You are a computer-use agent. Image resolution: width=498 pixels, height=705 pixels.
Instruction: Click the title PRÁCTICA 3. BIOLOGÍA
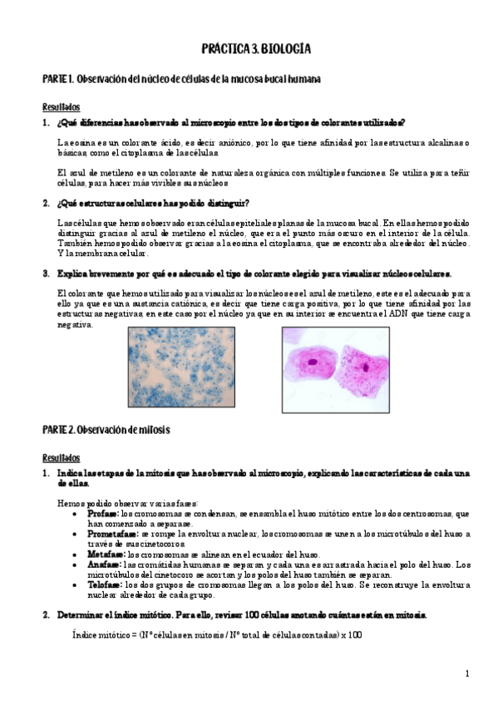(255, 50)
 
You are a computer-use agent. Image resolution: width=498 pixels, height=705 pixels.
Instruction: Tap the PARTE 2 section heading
(106, 428)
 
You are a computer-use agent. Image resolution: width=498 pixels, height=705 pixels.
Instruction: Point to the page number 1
(467, 673)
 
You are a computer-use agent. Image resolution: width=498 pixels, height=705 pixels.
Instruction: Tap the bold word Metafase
(106, 554)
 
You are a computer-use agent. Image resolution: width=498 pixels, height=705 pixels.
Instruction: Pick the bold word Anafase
(104, 564)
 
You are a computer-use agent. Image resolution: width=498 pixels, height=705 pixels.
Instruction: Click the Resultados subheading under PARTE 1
(61, 107)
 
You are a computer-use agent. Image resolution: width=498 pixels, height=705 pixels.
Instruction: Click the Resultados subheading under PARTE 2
(61, 458)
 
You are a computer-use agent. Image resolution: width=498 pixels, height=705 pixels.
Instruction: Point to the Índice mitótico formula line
(212, 635)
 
